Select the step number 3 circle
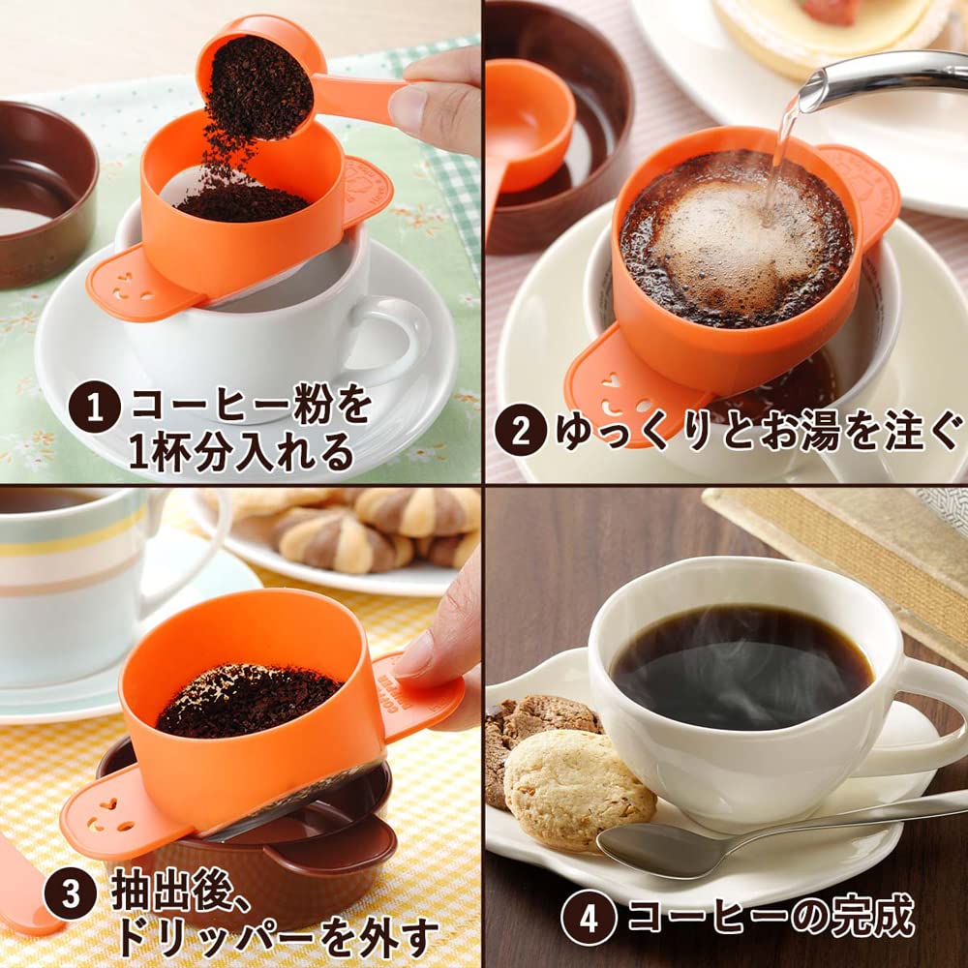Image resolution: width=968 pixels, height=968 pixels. pyautogui.click(x=70, y=894)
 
